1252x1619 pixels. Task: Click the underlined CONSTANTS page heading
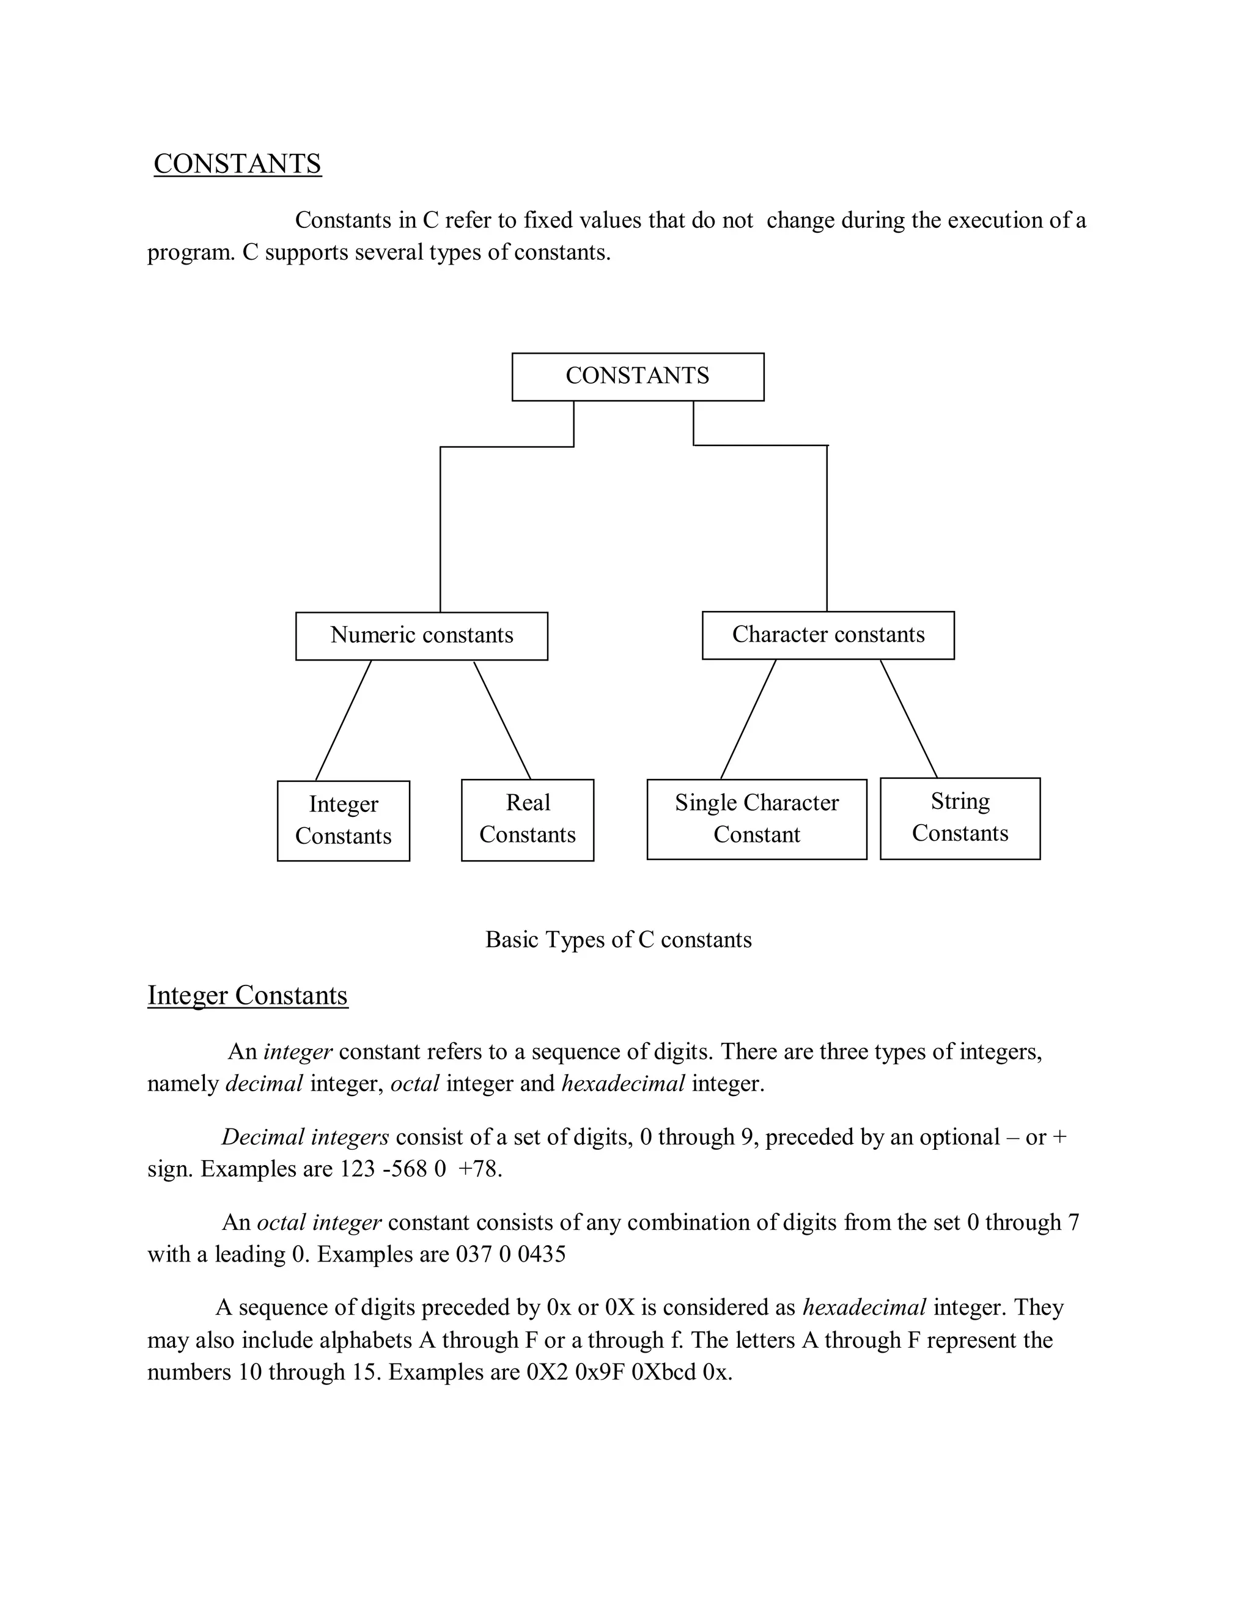[237, 164]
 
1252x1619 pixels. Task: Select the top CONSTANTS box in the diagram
[637, 376]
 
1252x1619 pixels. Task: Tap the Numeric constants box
[421, 635]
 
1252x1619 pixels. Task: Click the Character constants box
[828, 635]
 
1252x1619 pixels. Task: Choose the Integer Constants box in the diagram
[344, 820]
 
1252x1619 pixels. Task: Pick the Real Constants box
[528, 819]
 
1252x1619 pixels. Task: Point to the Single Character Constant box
[757, 819]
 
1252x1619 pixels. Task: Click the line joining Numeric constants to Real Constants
[502, 720]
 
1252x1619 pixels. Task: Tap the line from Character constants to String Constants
[908, 718]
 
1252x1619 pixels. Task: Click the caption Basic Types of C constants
[618, 939]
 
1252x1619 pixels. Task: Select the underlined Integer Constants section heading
[247, 995]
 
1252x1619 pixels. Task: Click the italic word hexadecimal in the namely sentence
[623, 1083]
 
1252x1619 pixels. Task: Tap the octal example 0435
[542, 1254]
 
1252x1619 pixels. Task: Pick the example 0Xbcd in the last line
[664, 1372]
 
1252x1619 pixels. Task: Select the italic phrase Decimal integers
[305, 1136]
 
